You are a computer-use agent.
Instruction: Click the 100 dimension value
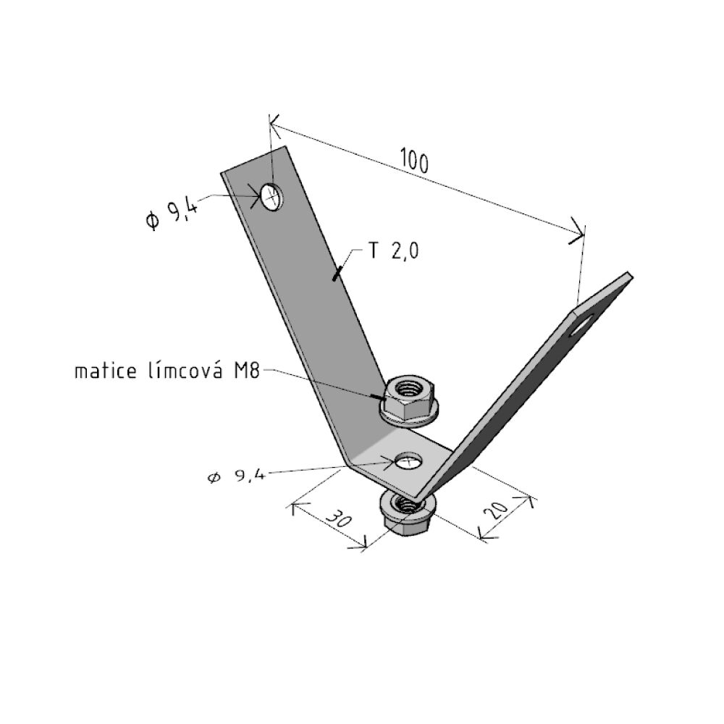[x=415, y=160]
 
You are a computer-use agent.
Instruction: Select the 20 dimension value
[x=496, y=509]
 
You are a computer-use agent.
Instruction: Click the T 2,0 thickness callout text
[x=394, y=251]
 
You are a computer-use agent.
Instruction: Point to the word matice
[x=106, y=371]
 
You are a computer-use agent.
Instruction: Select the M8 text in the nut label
[x=247, y=371]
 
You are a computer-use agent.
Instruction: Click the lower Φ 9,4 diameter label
[x=236, y=476]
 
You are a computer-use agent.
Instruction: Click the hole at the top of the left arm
[x=271, y=197]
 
